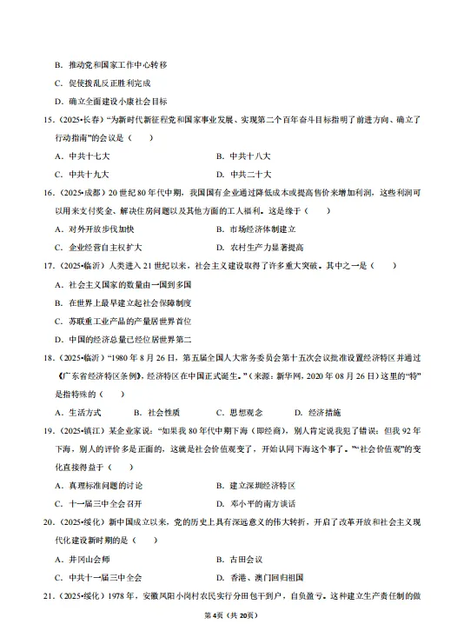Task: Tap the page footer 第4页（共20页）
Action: tap(231, 614)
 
